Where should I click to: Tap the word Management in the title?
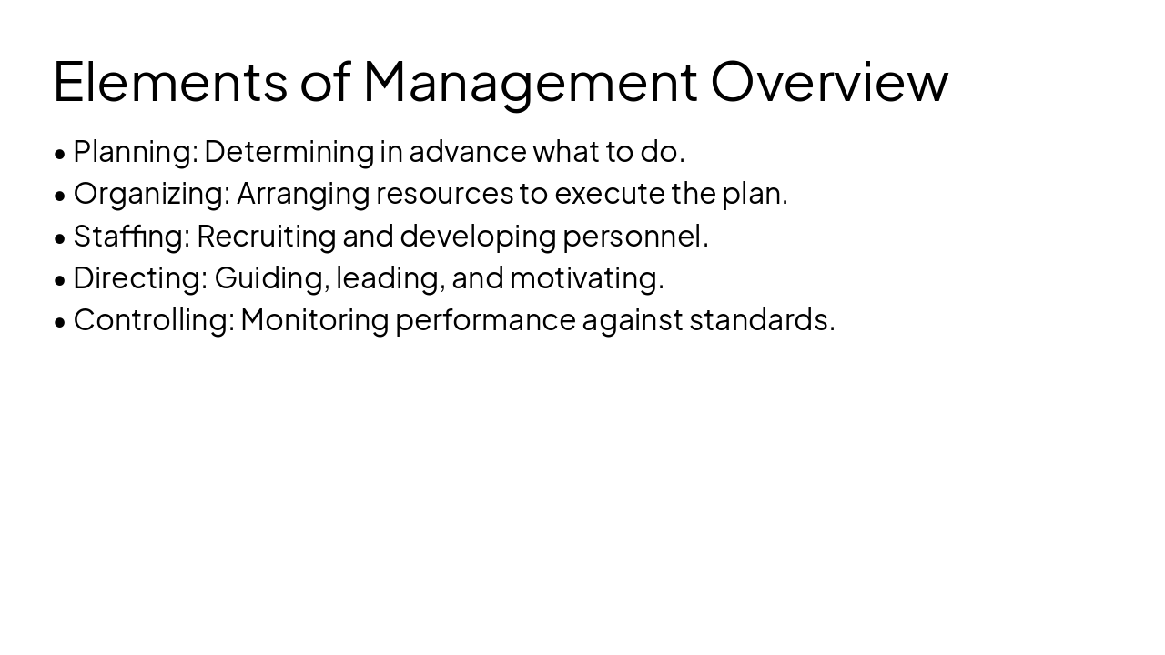tap(530, 81)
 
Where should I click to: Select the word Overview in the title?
tap(829, 81)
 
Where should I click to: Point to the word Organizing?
tap(151, 194)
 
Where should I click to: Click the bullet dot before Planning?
tap(60, 154)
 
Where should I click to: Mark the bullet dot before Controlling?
tap(60, 322)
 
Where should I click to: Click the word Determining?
tap(289, 152)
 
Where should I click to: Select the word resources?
tap(444, 194)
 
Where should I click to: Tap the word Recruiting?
tap(266, 236)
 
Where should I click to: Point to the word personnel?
tap(634, 236)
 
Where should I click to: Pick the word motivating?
tap(586, 277)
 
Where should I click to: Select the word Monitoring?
tap(315, 319)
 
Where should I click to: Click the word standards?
tap(761, 319)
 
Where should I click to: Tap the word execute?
tap(609, 194)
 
